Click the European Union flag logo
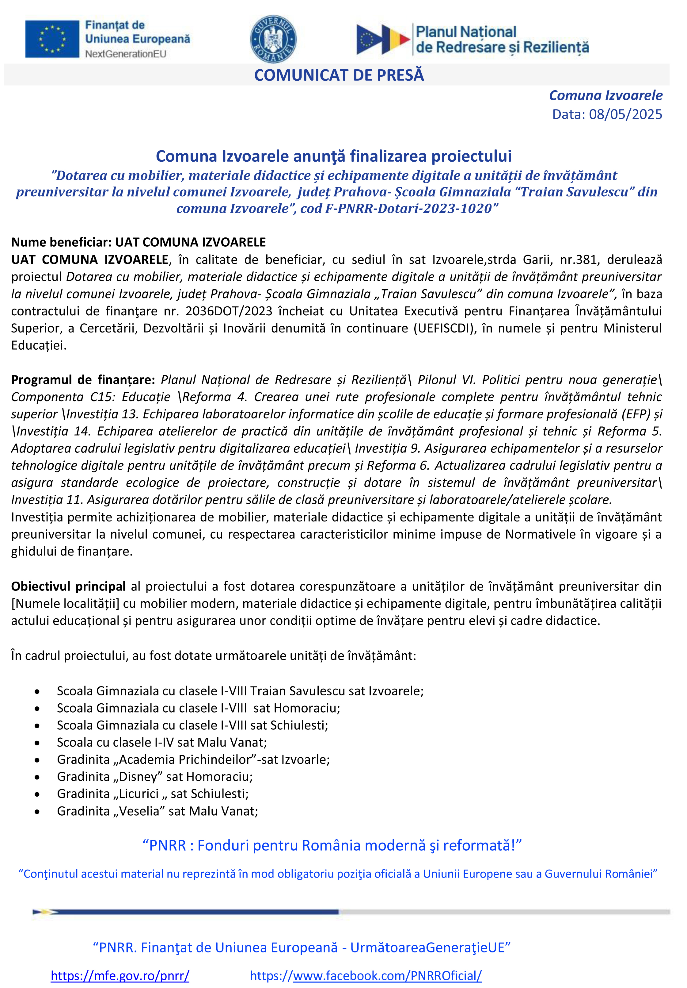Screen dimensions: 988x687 pyautogui.click(x=52, y=39)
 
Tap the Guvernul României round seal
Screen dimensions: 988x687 pyautogui.click(x=273, y=39)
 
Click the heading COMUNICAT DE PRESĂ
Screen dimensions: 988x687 pyautogui.click(x=339, y=75)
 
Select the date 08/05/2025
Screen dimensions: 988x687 pyautogui.click(x=625, y=114)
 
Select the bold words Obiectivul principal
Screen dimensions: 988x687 pyautogui.click(x=68, y=586)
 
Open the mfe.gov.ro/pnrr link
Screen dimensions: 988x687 pyautogui.click(x=120, y=975)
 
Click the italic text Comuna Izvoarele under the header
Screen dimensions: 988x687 pyautogui.click(x=605, y=95)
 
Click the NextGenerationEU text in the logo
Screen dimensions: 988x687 pyautogui.click(x=126, y=54)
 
